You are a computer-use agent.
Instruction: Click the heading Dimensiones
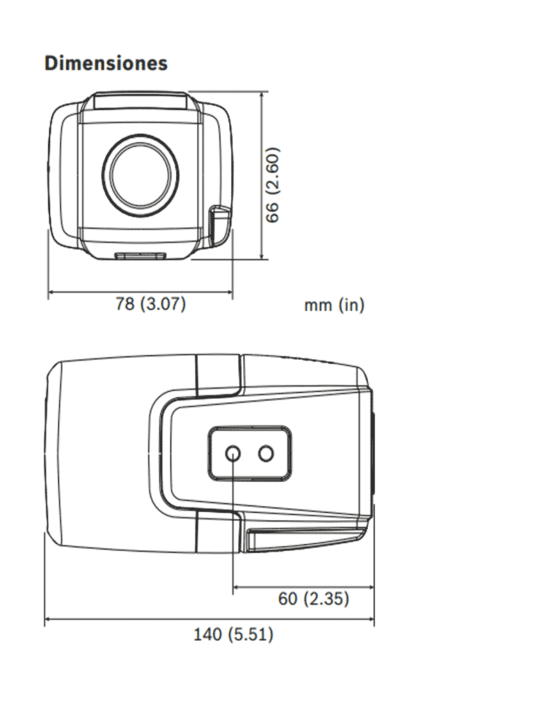click(x=106, y=63)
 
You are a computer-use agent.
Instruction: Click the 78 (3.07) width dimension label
click(x=150, y=305)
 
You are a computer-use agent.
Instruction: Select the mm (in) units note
click(x=334, y=305)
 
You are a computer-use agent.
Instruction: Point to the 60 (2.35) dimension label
click(x=313, y=598)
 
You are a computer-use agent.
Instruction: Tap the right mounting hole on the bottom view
click(x=266, y=454)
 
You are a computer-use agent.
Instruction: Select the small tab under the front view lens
click(x=140, y=256)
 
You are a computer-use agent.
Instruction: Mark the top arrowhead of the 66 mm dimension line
click(x=262, y=93)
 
